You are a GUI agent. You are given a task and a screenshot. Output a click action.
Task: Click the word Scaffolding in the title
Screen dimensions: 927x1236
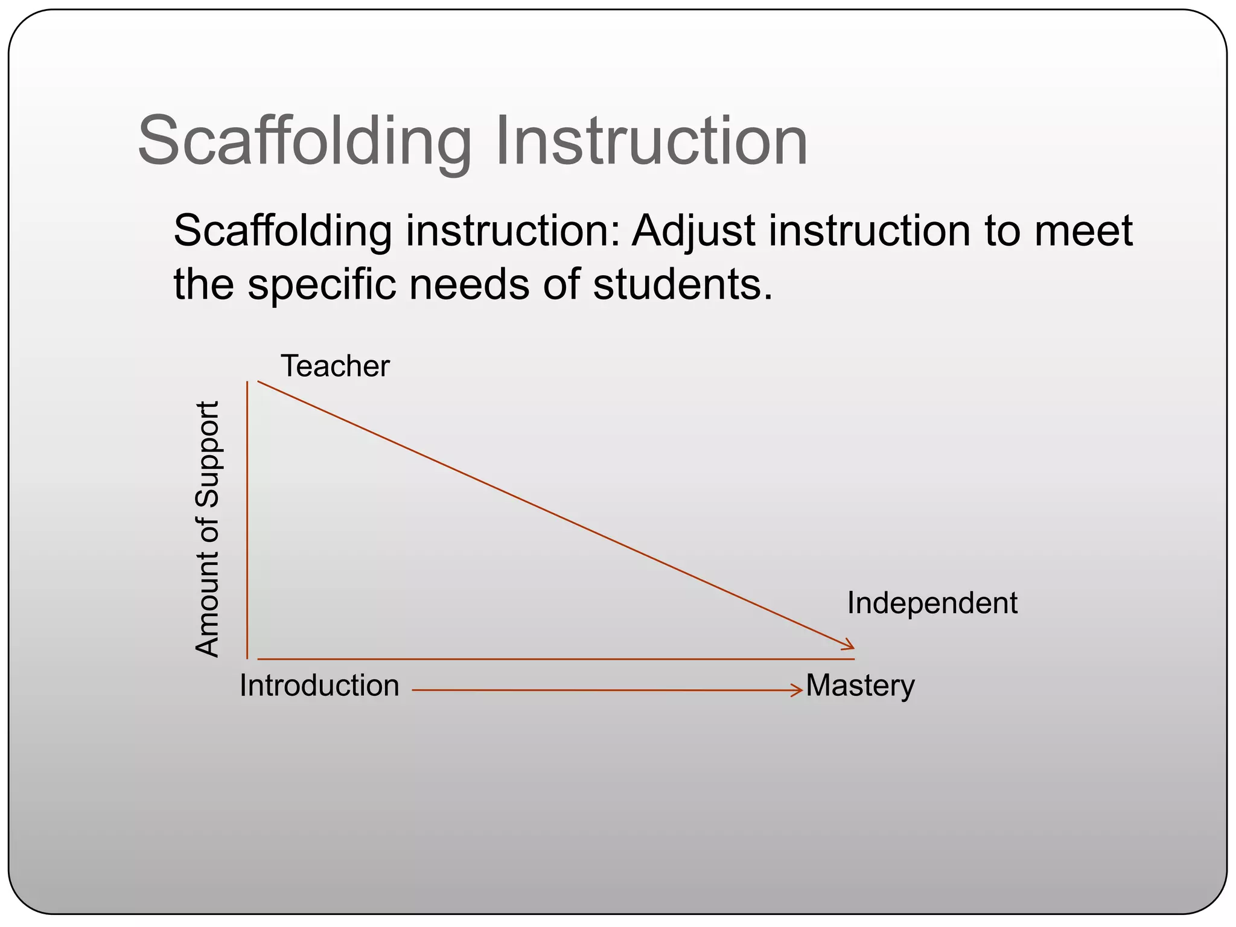tap(304, 142)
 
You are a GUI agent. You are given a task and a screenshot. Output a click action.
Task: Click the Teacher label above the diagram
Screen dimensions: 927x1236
tap(336, 366)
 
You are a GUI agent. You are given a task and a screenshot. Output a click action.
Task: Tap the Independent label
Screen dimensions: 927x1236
tap(932, 603)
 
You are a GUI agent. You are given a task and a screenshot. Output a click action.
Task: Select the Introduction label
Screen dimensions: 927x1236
tap(319, 686)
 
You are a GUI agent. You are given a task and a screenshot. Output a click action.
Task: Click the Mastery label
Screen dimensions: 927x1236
tap(860, 686)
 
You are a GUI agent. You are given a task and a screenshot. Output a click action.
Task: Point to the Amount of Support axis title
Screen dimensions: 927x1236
tap(207, 529)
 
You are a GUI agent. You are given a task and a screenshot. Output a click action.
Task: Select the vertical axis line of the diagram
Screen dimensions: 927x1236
tap(247, 520)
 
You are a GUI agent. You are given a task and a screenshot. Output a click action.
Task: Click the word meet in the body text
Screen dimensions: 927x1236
tap(1083, 231)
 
